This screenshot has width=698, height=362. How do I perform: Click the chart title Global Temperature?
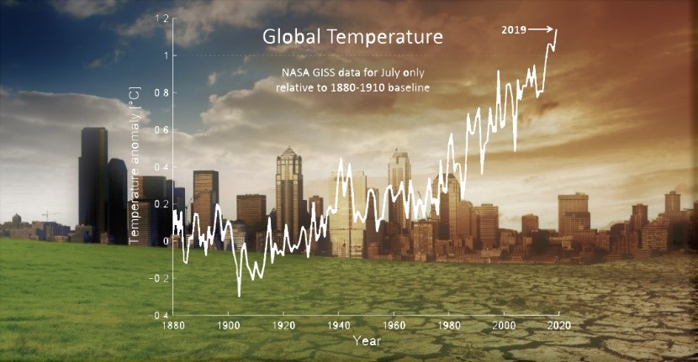(352, 38)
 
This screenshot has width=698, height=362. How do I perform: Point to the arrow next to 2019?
(543, 29)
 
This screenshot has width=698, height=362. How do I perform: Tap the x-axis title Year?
(367, 341)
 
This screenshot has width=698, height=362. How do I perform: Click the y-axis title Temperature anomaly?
(134, 176)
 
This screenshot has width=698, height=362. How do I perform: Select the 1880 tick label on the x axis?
(172, 325)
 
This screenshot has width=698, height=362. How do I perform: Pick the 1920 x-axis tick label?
(283, 325)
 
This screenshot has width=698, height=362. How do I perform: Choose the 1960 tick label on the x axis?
(394, 325)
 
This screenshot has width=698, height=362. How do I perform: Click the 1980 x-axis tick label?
(449, 325)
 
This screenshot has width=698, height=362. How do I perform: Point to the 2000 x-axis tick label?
(504, 325)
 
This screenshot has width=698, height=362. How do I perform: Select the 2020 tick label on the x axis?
(559, 325)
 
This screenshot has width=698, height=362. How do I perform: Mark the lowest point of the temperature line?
(239, 295)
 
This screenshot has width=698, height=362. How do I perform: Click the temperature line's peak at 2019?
(556, 30)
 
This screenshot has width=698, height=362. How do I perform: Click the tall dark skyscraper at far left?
(93, 181)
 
